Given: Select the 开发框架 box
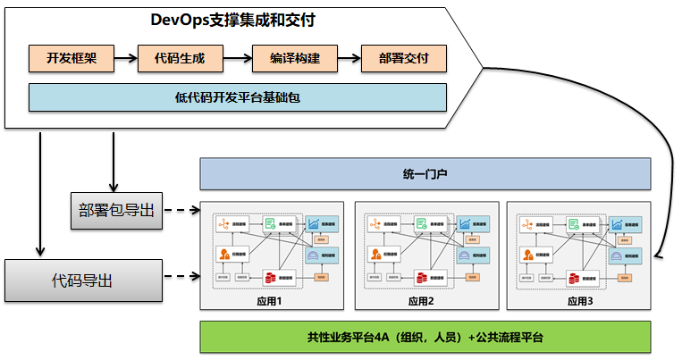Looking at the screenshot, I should (71, 59).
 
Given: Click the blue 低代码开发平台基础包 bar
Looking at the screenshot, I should (237, 96).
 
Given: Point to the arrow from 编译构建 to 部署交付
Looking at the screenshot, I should (349, 59).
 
